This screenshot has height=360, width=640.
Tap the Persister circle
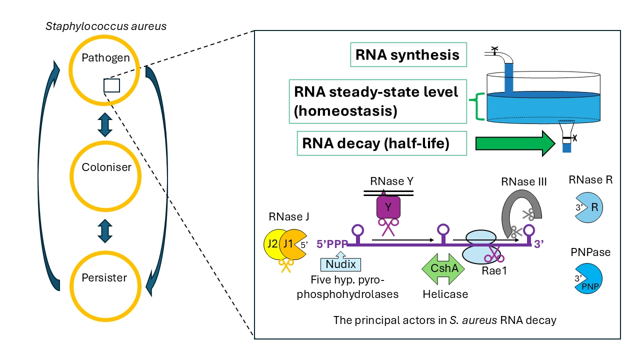pyautogui.click(x=106, y=277)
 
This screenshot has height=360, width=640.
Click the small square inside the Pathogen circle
pyautogui.click(x=111, y=85)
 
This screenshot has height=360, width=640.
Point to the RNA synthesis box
pyautogui.click(x=407, y=54)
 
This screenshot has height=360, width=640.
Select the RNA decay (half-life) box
pyautogui.click(x=382, y=143)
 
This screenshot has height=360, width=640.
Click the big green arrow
pyautogui.click(x=515, y=143)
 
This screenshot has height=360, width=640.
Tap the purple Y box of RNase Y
pyautogui.click(x=387, y=207)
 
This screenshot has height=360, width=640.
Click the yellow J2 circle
pyautogui.click(x=272, y=244)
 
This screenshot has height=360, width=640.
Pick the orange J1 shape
pyautogui.click(x=289, y=244)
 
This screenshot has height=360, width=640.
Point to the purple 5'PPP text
pyautogui.click(x=332, y=244)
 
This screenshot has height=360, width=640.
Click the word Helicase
pyautogui.click(x=445, y=294)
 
